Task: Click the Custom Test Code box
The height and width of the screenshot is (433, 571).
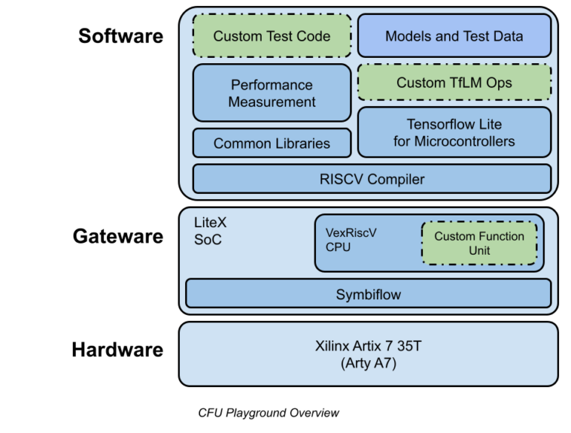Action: (x=271, y=36)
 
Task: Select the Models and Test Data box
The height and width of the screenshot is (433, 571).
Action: (x=454, y=36)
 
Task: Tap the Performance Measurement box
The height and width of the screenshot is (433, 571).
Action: (x=271, y=93)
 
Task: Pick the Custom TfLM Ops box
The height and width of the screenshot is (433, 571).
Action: (x=454, y=82)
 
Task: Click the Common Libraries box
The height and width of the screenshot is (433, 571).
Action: (x=271, y=143)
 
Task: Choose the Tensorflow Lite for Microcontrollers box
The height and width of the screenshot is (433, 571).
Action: (x=454, y=132)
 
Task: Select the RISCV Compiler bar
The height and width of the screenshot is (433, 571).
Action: (x=372, y=179)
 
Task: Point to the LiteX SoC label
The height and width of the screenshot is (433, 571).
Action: (x=207, y=231)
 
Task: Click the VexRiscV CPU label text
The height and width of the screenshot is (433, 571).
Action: (x=351, y=239)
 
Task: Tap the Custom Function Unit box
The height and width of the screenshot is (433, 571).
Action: (x=479, y=244)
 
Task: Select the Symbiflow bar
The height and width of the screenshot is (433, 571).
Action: (x=368, y=294)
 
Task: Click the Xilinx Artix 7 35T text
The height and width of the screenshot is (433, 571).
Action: (x=368, y=347)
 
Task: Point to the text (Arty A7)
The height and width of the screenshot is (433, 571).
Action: (x=368, y=363)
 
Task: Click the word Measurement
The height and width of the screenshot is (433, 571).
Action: (x=271, y=102)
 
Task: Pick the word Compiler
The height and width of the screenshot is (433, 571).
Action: (x=397, y=179)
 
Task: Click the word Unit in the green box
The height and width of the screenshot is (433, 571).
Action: (x=479, y=251)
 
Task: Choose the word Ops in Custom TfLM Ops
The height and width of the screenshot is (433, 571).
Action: (x=497, y=82)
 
